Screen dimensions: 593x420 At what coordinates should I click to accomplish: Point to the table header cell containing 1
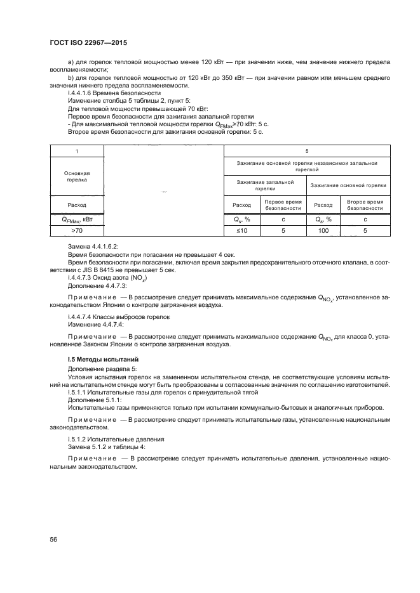tap(76, 152)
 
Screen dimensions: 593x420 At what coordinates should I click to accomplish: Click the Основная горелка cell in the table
tap(76, 176)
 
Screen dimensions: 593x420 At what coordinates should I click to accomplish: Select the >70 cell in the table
tap(76, 231)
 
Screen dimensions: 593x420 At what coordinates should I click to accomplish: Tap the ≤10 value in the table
tap(241, 231)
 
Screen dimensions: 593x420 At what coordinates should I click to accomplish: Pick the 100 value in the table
tap(323, 231)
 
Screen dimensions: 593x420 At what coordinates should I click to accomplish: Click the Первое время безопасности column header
tap(283, 205)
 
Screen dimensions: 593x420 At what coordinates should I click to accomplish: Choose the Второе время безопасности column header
tap(365, 205)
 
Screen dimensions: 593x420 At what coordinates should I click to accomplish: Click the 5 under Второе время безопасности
tap(365, 231)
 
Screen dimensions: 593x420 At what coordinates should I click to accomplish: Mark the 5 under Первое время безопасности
tap(283, 231)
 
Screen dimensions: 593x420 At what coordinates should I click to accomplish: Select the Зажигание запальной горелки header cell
tap(265, 185)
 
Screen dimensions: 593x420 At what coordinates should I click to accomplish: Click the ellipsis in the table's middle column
tap(163, 190)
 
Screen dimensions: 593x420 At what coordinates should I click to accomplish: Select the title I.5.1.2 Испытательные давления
tap(116, 439)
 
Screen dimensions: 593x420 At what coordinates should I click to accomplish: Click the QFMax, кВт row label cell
tap(76, 219)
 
